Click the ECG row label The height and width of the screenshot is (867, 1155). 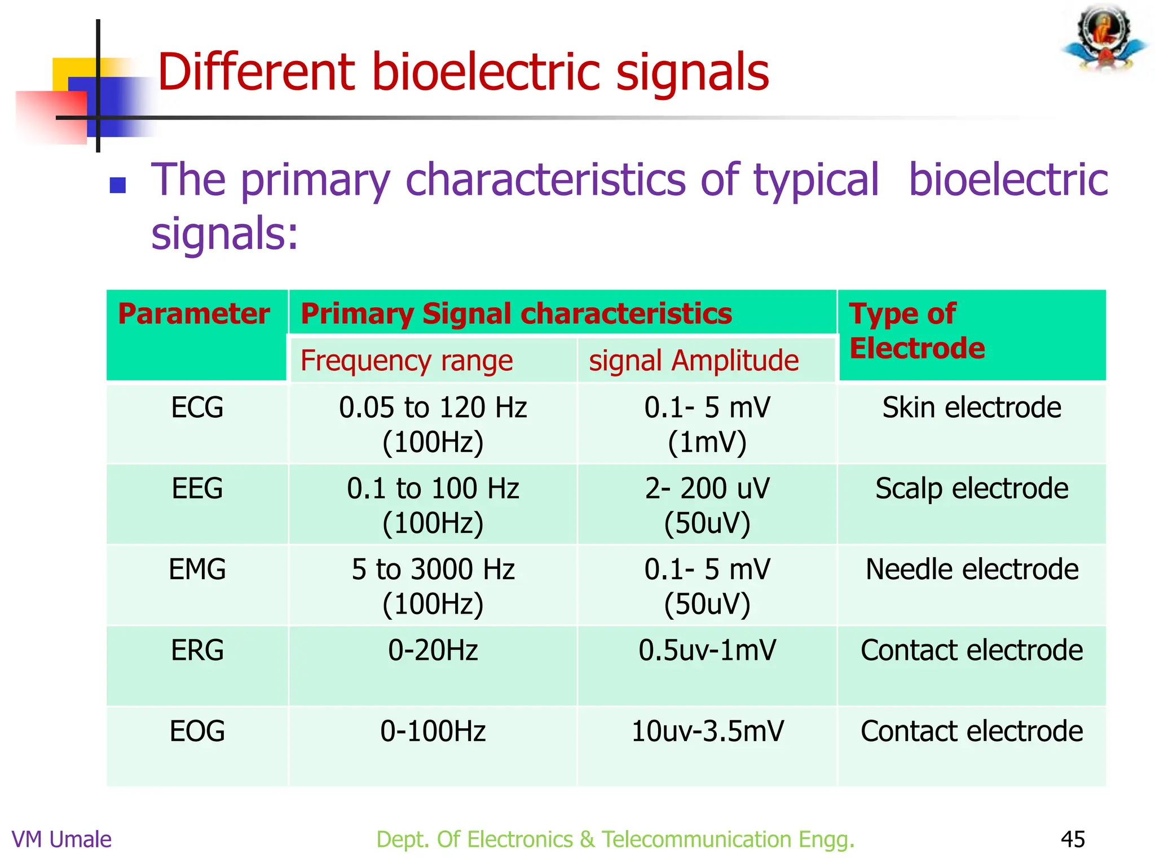coord(197,408)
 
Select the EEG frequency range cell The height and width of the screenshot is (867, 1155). coord(433,505)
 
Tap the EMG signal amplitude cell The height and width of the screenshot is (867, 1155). coord(707,585)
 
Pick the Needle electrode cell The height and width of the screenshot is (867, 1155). coord(972,569)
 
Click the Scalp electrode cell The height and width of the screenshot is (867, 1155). coord(972,488)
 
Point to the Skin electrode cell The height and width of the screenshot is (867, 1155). coord(972,408)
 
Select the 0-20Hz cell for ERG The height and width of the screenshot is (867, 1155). coord(433,650)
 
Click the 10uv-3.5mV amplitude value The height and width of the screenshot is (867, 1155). coord(707,731)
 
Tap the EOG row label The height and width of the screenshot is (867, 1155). coord(197,731)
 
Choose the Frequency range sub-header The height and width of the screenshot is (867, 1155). coord(407,361)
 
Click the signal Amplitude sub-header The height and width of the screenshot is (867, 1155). coord(694,361)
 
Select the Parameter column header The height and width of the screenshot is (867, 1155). coord(194,314)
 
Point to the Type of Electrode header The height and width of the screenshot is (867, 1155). coord(916,331)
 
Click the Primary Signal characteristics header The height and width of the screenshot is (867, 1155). coord(516,314)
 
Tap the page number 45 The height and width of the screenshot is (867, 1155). coord(1072,839)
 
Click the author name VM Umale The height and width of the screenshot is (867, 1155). coord(61,839)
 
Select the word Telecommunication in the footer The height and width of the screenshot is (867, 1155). coord(696,839)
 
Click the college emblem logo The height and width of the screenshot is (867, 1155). coord(1105,38)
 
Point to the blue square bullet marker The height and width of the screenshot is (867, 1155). coord(117,185)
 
